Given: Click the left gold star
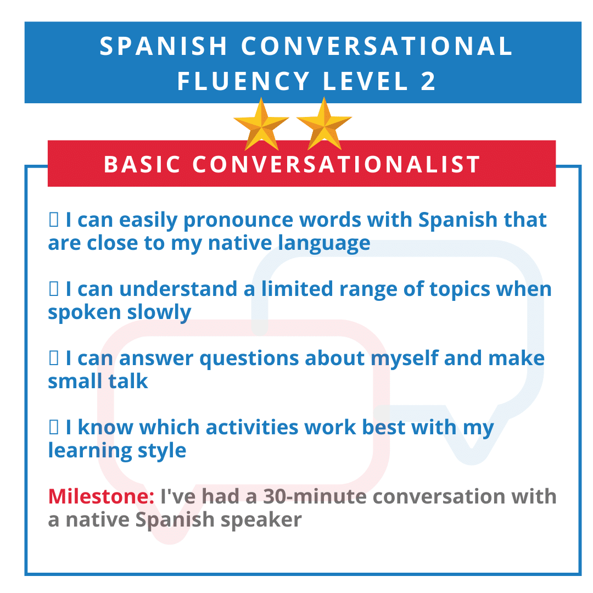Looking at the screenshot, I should click(261, 125).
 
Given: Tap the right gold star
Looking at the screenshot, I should click(324, 125).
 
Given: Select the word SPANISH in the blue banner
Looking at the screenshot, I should click(164, 47).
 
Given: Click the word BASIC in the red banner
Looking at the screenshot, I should click(142, 164).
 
